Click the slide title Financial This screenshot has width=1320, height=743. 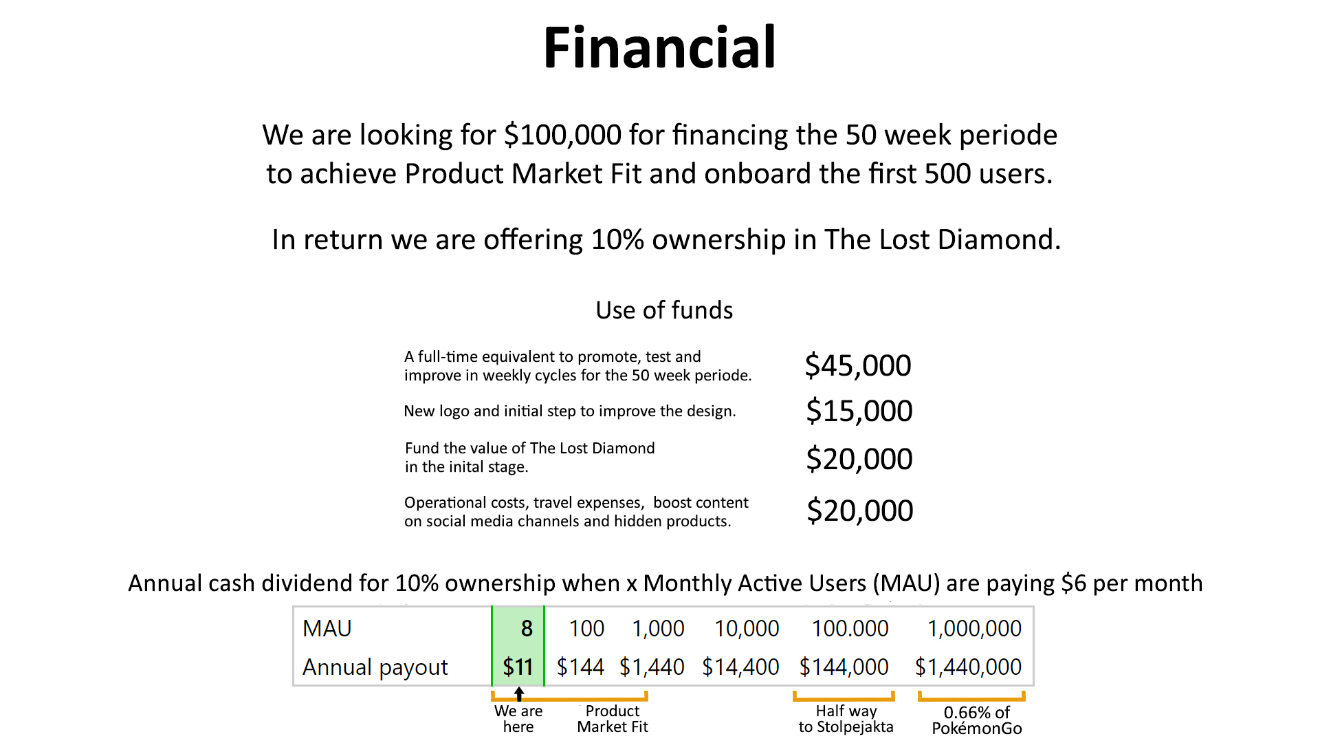[x=659, y=47]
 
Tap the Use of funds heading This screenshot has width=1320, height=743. [x=664, y=310]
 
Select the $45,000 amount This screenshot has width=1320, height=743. [x=858, y=365]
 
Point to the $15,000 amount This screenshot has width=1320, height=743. [x=859, y=411]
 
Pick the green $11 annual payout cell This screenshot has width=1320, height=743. [x=518, y=667]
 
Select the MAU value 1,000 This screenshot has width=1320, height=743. [x=658, y=628]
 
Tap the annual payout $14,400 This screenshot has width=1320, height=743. [x=740, y=667]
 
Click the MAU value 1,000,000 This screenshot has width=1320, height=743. [x=974, y=628]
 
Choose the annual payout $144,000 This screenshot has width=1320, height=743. [x=844, y=667]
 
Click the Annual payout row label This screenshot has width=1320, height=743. [x=375, y=667]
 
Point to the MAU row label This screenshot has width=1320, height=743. [x=327, y=628]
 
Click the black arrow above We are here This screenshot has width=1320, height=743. [x=519, y=694]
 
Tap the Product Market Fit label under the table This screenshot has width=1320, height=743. [x=613, y=719]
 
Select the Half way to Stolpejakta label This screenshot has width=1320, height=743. [x=846, y=719]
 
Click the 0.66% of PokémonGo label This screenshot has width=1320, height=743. [x=977, y=720]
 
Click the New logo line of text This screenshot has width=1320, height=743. [x=570, y=411]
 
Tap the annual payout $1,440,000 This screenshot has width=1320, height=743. [x=968, y=667]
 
